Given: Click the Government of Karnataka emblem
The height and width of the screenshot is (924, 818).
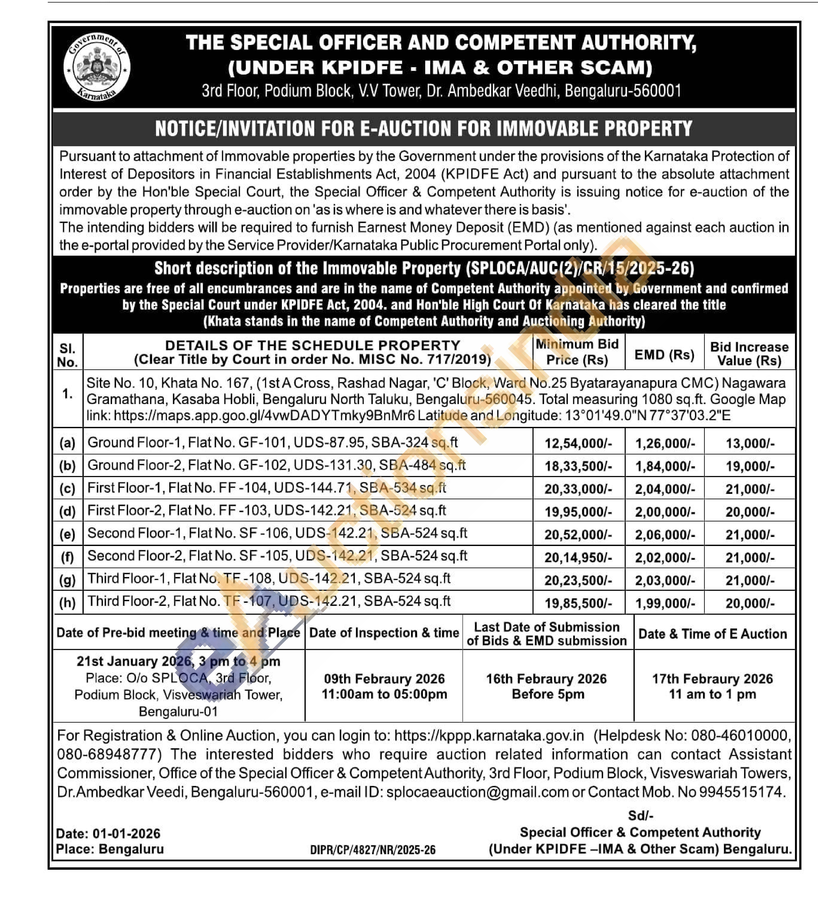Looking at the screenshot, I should [x=97, y=67].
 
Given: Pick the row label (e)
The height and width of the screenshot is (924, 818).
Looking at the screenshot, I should [x=67, y=534].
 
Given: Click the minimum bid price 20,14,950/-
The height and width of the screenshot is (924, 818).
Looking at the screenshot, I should [x=578, y=557].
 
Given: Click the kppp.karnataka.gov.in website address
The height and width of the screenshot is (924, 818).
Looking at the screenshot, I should [x=489, y=736].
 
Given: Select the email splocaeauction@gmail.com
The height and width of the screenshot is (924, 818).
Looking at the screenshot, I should [x=477, y=792].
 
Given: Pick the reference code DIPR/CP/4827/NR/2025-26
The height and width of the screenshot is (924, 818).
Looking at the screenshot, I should [x=372, y=850].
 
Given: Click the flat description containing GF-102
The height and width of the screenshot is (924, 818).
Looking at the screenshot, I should [x=276, y=465].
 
